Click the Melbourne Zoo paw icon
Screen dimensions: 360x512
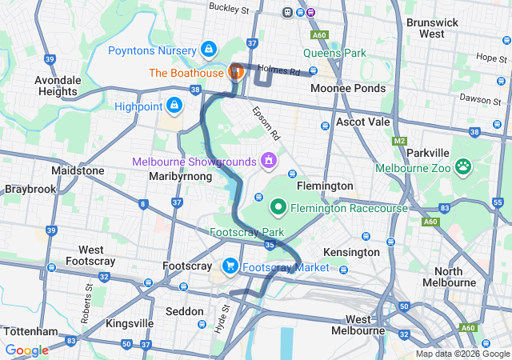point(463,167)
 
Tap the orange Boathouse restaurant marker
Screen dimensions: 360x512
point(236,71)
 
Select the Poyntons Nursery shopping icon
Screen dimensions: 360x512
point(208,50)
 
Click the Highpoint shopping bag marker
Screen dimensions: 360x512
point(174,105)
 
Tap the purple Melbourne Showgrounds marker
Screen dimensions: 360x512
point(268,161)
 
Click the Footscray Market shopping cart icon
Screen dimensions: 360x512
point(230,266)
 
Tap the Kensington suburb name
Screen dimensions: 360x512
point(351,252)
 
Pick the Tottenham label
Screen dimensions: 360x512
point(30,331)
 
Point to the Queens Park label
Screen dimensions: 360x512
point(334,54)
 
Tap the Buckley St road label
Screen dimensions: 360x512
point(229,8)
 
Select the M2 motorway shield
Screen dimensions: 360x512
point(400,141)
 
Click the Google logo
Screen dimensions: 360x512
point(26,350)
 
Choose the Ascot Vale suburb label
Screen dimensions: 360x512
point(362,122)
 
